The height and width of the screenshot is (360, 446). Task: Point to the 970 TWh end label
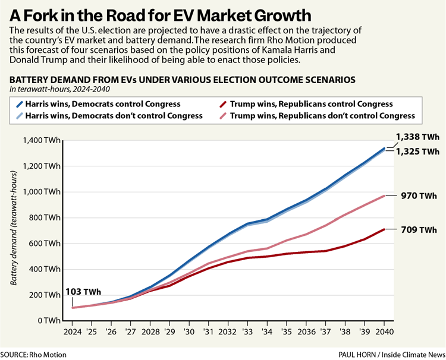coord(418,195)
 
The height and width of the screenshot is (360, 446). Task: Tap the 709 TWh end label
coord(418,229)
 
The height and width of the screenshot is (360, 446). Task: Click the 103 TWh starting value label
coord(83,292)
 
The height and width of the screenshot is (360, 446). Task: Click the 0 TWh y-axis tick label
coord(47,320)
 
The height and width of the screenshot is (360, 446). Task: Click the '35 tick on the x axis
coord(286,331)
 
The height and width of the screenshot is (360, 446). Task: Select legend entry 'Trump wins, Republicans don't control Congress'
coord(322,116)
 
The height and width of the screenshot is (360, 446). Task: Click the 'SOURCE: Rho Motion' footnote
coord(34,355)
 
